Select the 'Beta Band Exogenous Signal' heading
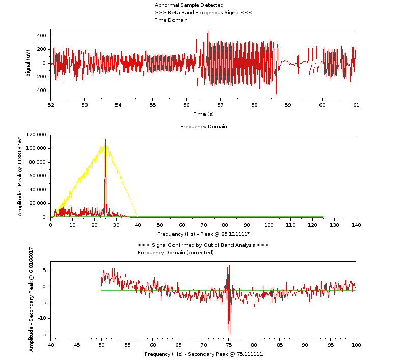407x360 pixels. [x=203, y=13]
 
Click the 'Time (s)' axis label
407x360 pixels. [x=203, y=114]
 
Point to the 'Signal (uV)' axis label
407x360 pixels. [x=28, y=63]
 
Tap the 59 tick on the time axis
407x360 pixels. [x=288, y=105]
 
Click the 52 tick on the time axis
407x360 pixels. [x=51, y=105]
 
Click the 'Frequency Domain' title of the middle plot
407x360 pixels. [x=203, y=127]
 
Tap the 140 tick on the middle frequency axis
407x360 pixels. [x=356, y=225]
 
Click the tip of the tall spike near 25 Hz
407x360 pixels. [x=105, y=139]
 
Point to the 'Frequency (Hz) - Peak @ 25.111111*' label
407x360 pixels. [x=203, y=234]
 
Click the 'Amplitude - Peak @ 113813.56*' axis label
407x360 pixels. [x=20, y=176]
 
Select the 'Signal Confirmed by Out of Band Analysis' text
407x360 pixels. [x=203, y=245]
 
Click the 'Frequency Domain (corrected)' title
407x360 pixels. [x=176, y=253]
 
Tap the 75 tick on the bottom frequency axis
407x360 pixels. [x=229, y=345]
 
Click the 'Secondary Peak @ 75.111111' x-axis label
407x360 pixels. [x=203, y=354]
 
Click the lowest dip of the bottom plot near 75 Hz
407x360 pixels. [x=230, y=334]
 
